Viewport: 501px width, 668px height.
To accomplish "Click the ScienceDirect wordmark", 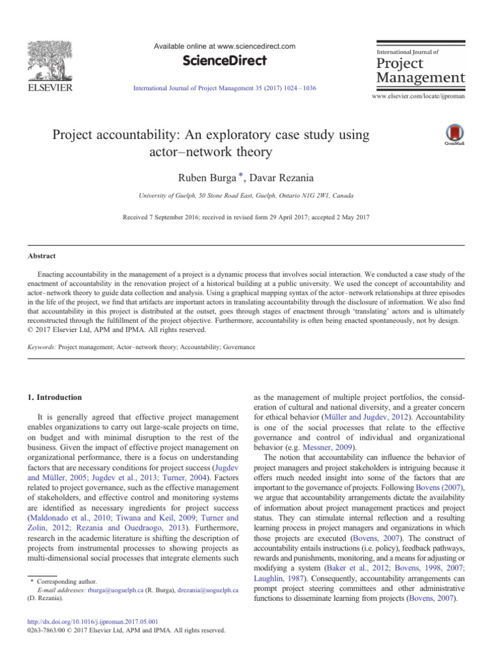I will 224,61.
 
